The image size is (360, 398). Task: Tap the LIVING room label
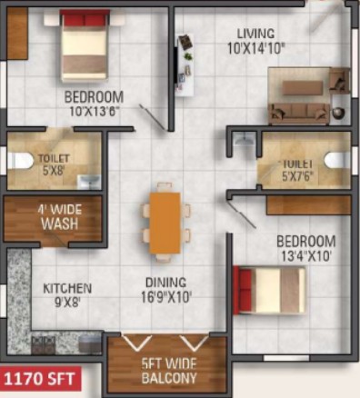[x=255, y=34]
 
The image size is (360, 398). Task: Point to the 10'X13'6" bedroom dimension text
[x=94, y=112]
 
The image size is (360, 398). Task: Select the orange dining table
[x=165, y=223]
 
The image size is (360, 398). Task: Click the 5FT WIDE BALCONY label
[x=169, y=371]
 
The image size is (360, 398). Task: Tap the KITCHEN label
[x=67, y=288]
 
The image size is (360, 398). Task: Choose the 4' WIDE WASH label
[x=60, y=217]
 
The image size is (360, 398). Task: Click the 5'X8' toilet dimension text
[x=54, y=171]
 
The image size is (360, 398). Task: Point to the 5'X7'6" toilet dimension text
[x=297, y=175]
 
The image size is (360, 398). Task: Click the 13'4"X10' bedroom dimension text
[x=305, y=257]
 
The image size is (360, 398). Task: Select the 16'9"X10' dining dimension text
[x=166, y=297]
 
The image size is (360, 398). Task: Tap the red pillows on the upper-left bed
[x=85, y=20]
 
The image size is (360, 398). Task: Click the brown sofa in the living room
[x=299, y=114]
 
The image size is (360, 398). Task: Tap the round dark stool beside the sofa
[x=338, y=113]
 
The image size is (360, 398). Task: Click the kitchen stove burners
[x=44, y=344]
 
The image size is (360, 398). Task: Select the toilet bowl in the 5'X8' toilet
[x=20, y=160]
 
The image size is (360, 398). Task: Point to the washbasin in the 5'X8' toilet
[x=89, y=182]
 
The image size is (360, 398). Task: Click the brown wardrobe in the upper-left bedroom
[x=17, y=34]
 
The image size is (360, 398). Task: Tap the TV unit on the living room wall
[x=185, y=65]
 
